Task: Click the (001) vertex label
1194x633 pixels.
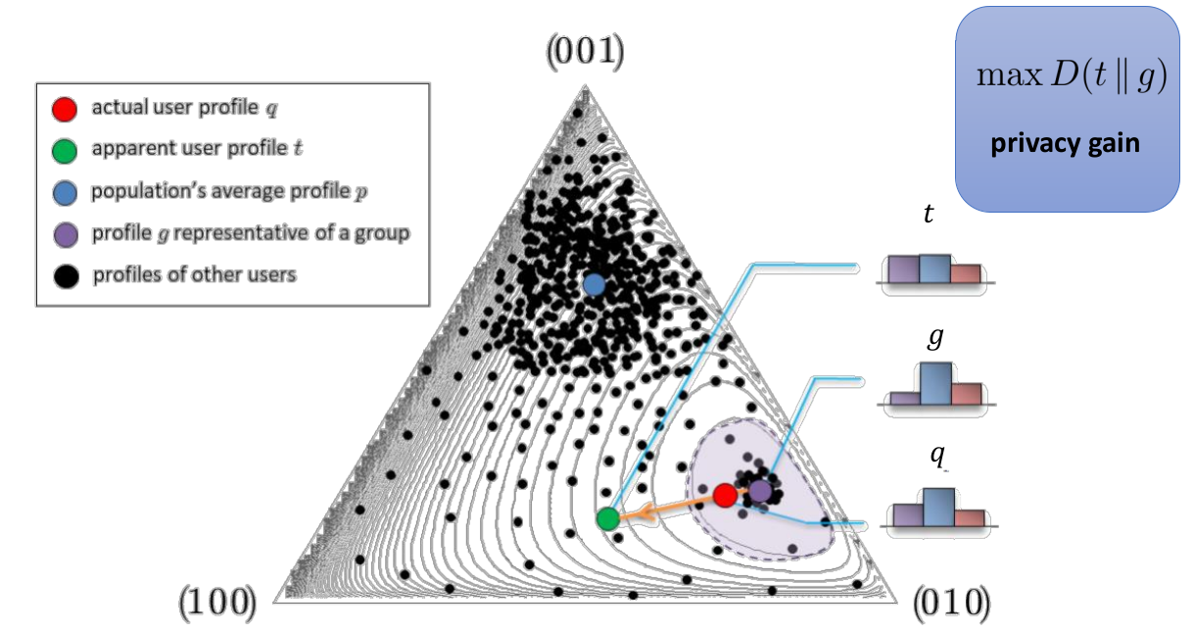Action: [x=585, y=52]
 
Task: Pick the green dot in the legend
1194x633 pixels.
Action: [x=65, y=151]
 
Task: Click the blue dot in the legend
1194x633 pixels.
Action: [x=65, y=192]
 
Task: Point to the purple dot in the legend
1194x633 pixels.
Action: [x=65, y=233]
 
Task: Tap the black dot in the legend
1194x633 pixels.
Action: [x=65, y=275]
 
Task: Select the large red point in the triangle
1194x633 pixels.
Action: [x=725, y=496]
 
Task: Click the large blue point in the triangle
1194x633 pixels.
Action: [x=594, y=285]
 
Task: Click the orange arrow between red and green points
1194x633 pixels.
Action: [x=666, y=507]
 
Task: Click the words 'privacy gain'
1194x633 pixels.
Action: [x=1066, y=145]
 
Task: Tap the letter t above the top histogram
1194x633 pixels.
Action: [x=929, y=213]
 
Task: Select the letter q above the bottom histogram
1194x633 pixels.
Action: [x=937, y=457]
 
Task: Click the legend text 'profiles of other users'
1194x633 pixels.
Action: [x=194, y=275]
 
